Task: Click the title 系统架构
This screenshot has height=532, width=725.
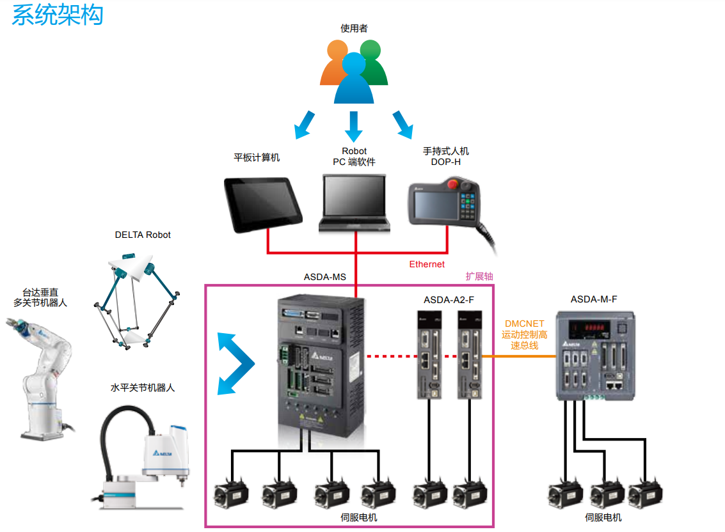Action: (x=57, y=15)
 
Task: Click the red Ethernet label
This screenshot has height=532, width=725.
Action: (x=427, y=264)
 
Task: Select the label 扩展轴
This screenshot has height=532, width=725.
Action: (x=479, y=276)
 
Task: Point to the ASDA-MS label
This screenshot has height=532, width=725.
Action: (x=324, y=278)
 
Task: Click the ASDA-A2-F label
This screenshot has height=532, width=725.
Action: (x=449, y=299)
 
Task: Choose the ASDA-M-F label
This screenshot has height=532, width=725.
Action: (x=594, y=299)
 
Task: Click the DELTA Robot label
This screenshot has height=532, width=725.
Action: (x=143, y=235)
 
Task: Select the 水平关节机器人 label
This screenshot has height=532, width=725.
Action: (x=143, y=387)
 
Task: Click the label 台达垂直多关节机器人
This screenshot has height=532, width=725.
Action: (x=40, y=297)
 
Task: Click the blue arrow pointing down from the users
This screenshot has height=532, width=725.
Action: (x=354, y=126)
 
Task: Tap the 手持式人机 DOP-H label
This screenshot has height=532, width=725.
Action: (x=445, y=157)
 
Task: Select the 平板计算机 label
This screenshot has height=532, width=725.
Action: (x=257, y=157)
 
